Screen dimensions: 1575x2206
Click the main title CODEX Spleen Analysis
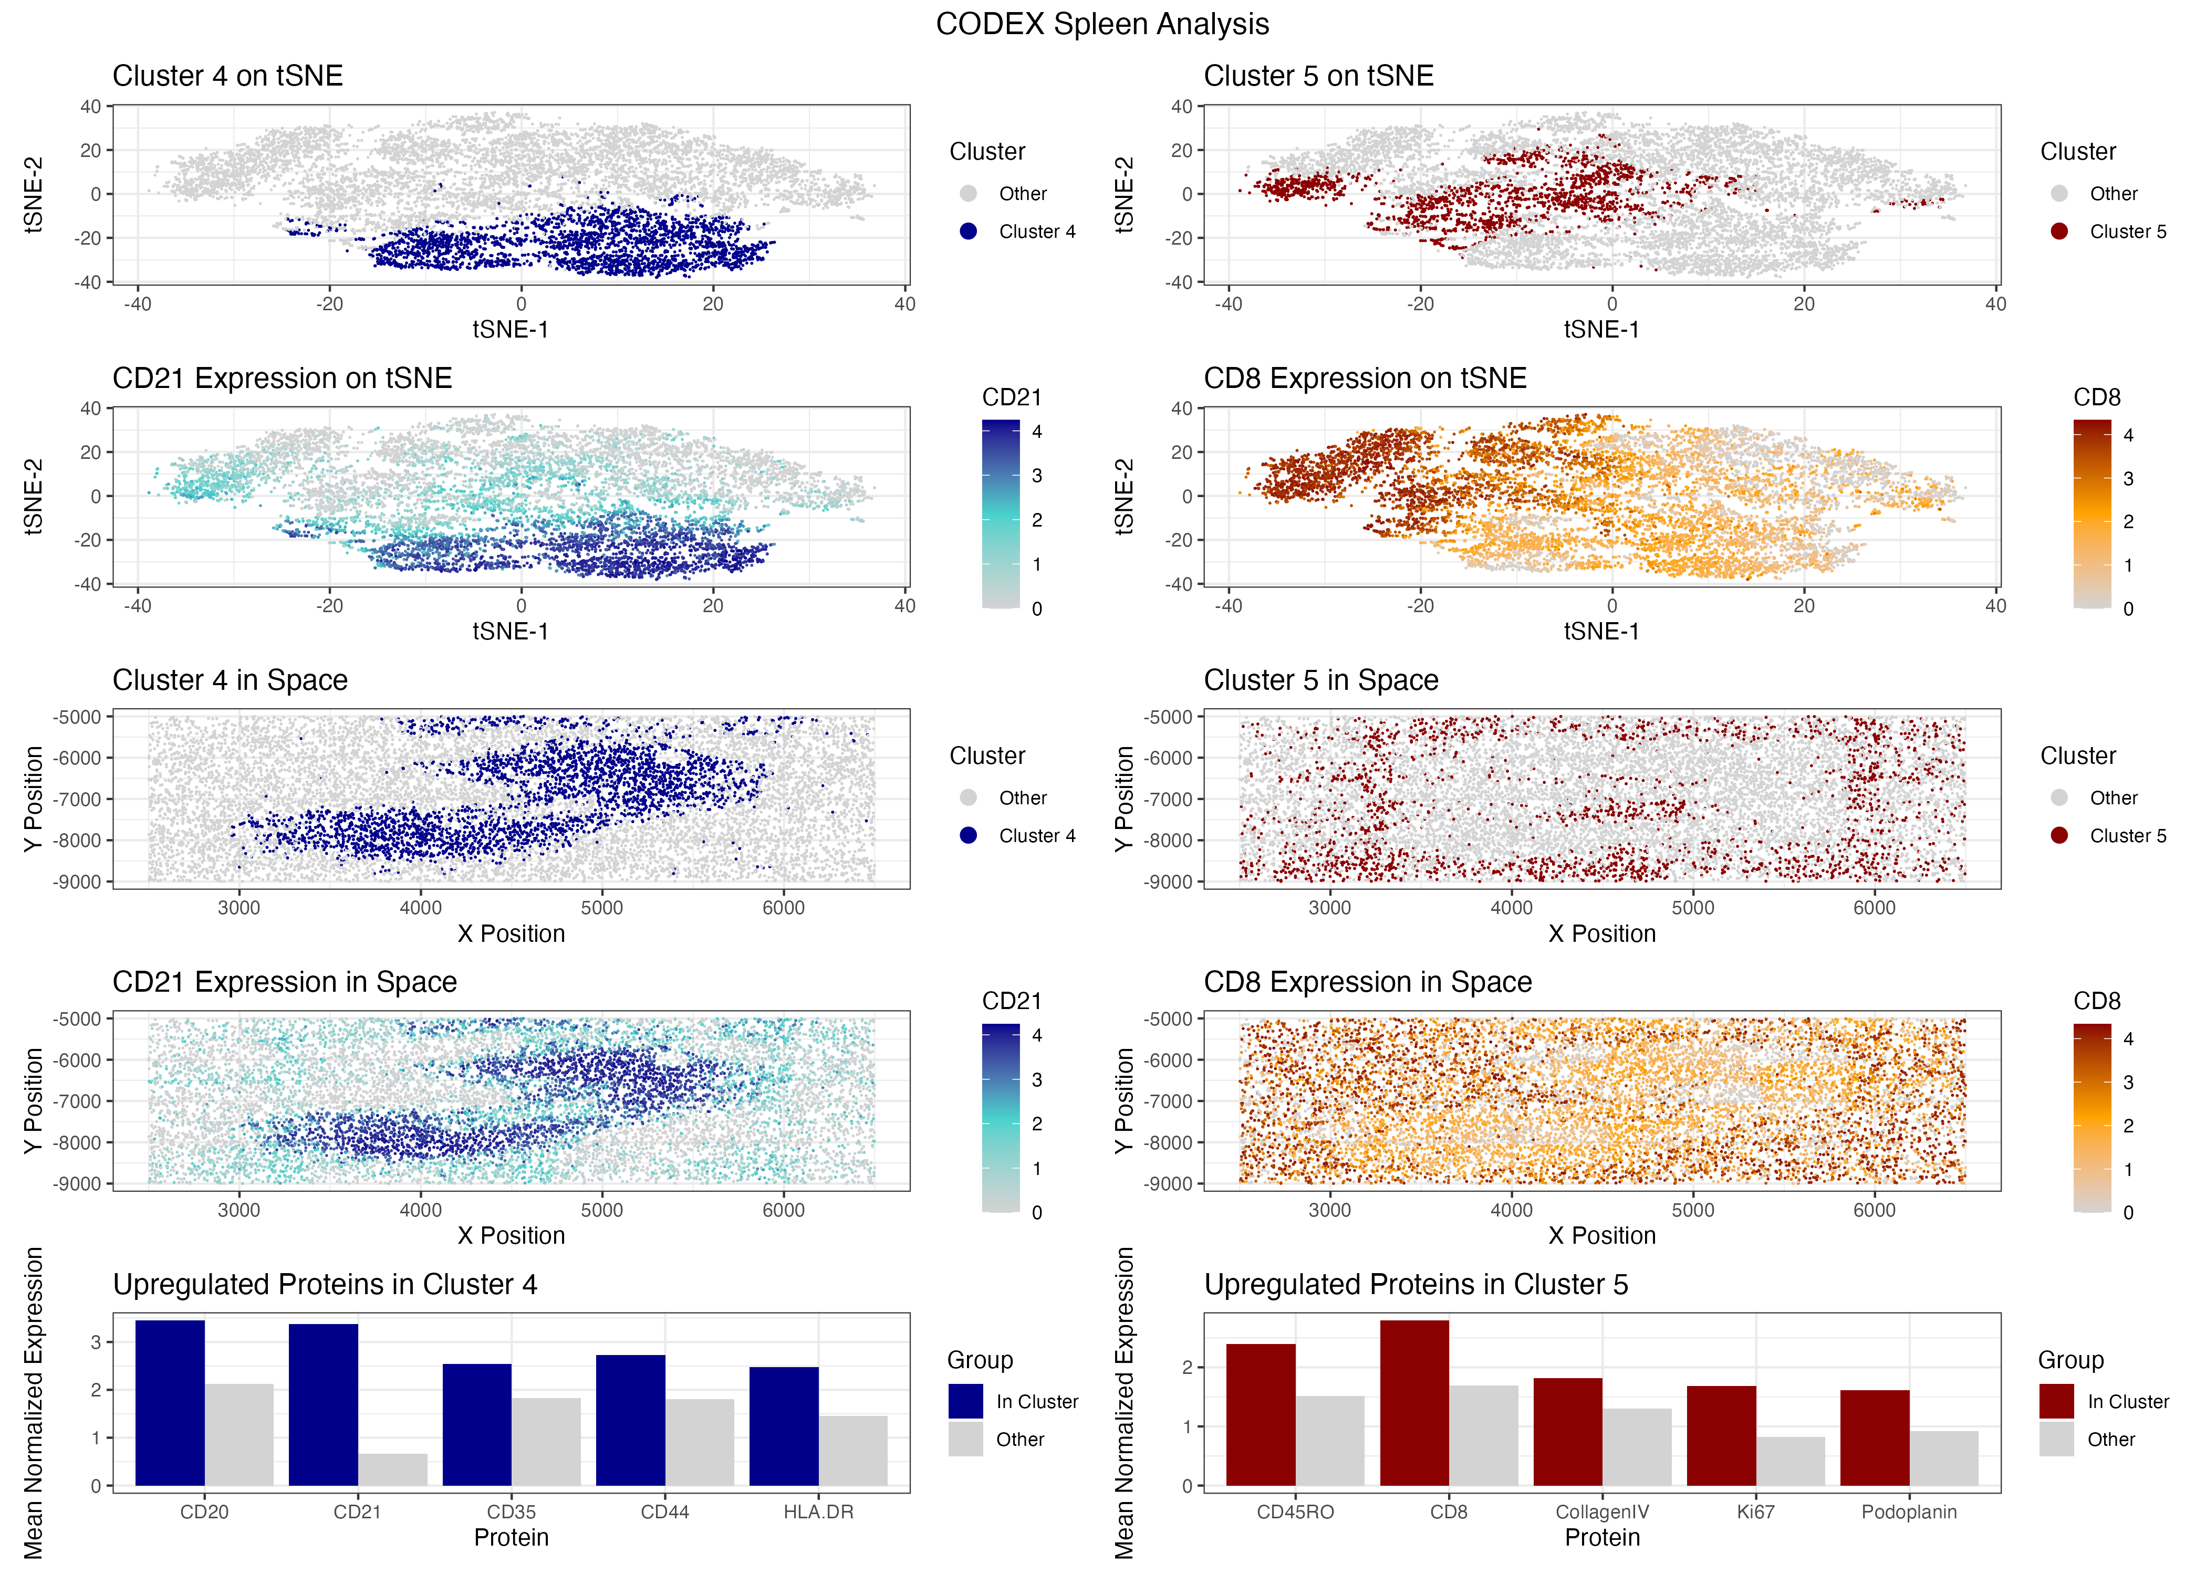1102,24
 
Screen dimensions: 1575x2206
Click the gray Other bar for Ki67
1790,1461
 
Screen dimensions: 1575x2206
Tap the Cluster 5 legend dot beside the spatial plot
2058,835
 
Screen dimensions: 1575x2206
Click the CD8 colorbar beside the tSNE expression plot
2091,514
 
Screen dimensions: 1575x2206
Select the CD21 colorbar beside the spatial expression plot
1000,1117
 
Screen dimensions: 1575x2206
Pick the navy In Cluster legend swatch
965,1400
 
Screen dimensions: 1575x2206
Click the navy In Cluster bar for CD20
170,1402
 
